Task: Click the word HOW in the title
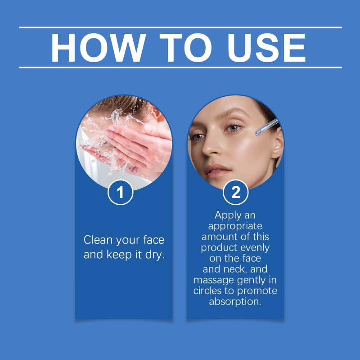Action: click(x=98, y=48)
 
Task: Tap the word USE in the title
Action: click(x=266, y=48)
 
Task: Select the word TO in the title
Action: click(x=185, y=48)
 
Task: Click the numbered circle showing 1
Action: click(x=120, y=192)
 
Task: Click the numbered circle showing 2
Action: click(x=235, y=192)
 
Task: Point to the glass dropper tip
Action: click(x=257, y=132)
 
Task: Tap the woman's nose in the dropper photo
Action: click(x=211, y=147)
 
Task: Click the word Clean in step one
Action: click(x=98, y=240)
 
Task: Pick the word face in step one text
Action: click(x=153, y=240)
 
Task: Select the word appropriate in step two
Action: click(x=235, y=226)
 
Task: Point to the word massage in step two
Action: click(x=214, y=280)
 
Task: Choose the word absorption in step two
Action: click(x=235, y=301)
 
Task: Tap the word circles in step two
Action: click(x=207, y=291)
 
